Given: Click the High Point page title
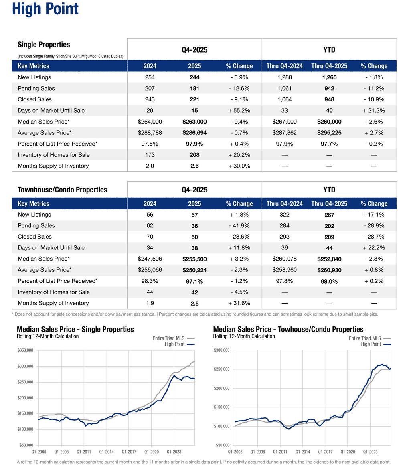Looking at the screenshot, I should click(45, 9).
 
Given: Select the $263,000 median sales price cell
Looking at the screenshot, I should click(194, 122).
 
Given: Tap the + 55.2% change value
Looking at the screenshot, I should click(239, 110).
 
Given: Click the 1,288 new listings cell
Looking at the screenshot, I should click(284, 77).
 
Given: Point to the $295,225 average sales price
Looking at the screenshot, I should click(329, 133).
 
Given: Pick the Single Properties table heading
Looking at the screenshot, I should click(44, 45).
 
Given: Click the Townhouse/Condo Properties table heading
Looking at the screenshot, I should click(62, 190).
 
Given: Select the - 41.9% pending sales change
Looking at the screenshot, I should click(239, 226).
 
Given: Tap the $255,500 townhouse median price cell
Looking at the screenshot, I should click(194, 259).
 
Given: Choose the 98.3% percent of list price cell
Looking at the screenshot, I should click(150, 281).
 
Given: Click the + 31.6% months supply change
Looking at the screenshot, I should click(239, 303).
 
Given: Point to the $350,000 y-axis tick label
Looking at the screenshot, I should click(26, 350).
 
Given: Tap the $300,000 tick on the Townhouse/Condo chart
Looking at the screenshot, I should click(221, 350).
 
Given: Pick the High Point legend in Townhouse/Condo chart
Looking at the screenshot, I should click(371, 344).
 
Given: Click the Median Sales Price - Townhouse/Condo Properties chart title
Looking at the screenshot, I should click(288, 329).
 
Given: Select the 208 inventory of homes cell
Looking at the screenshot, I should click(194, 155).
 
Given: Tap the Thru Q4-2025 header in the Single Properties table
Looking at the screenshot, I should click(329, 66).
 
